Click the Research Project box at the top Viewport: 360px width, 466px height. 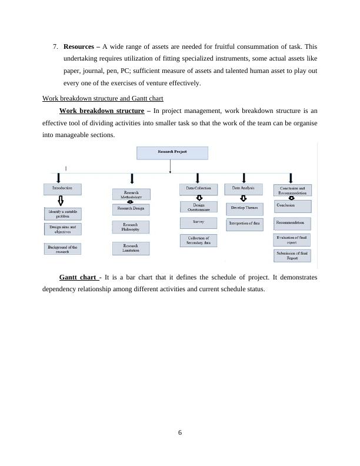172,153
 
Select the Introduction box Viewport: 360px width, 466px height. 62,189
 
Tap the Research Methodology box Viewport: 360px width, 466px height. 131,194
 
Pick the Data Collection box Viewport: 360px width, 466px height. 198,189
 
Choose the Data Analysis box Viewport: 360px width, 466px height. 244,189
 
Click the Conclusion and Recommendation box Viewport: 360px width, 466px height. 292,190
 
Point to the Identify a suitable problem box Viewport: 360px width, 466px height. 62,213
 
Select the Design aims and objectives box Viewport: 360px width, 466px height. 62,229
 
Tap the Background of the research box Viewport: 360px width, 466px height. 62,248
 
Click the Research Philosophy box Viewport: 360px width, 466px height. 131,227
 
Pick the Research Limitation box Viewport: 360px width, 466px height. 131,248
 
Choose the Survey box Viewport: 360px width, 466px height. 198,223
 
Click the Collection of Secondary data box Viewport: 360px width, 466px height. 198,240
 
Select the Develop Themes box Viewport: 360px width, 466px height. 244,208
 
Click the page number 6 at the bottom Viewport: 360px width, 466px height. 180,432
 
